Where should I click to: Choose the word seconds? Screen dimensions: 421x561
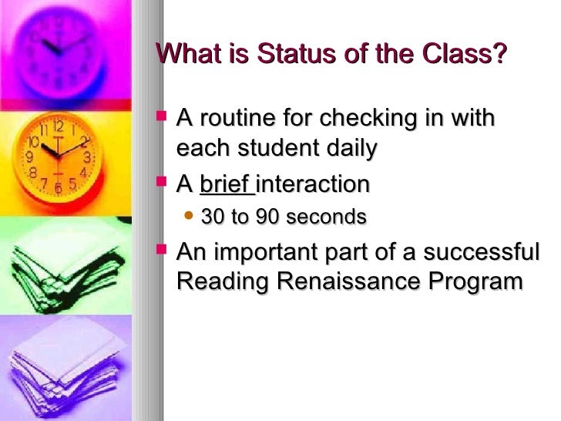(325, 218)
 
